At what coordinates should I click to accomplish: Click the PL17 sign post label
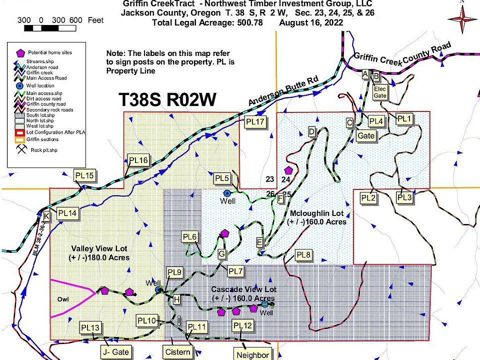tap(254, 121)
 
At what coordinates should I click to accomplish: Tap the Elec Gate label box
tap(381, 92)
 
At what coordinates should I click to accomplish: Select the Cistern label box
tap(178, 352)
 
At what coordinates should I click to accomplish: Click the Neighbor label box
tap(253, 355)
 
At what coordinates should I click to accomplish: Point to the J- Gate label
tap(115, 352)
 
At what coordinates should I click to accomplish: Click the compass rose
tap(462, 18)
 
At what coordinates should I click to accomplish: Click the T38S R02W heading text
tap(167, 100)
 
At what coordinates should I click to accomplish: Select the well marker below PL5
tap(226, 192)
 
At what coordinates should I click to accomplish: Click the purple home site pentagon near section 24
tap(288, 171)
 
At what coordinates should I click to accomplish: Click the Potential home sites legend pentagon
tap(20, 52)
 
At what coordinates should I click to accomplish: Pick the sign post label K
tap(46, 216)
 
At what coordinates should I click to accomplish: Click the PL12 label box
tap(243, 325)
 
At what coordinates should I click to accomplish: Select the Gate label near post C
tap(366, 135)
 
